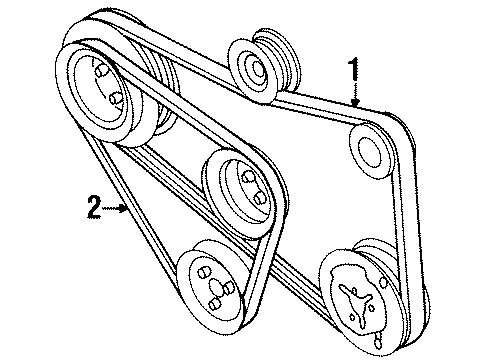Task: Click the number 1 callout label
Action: pyautogui.click(x=354, y=69)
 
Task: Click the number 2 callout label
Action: pyautogui.click(x=94, y=207)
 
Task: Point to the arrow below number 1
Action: pyautogui.click(x=355, y=95)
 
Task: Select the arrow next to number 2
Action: pyautogui.click(x=115, y=208)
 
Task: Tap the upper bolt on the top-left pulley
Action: pyautogui.click(x=101, y=70)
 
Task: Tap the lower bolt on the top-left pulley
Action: pyautogui.click(x=116, y=98)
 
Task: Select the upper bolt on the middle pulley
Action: pyautogui.click(x=247, y=177)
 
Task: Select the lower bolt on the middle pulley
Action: pyautogui.click(x=259, y=198)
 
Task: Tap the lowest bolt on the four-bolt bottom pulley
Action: pyautogui.click(x=215, y=303)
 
